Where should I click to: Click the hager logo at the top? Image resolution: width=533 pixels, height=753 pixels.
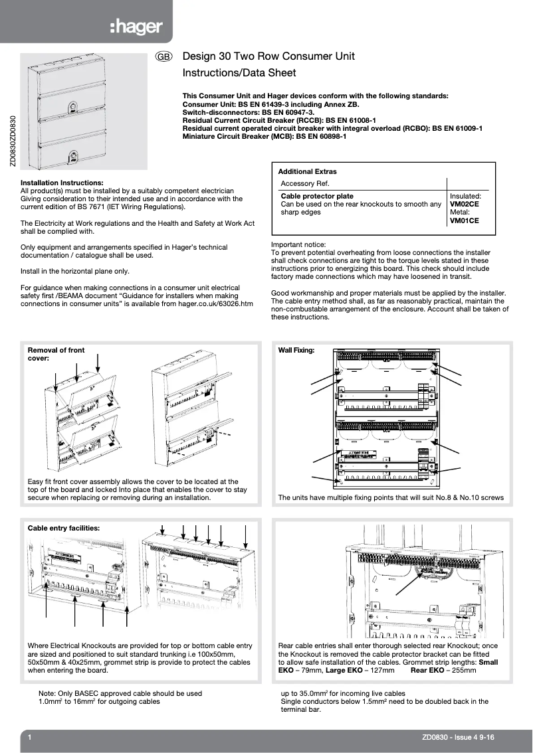[x=139, y=27]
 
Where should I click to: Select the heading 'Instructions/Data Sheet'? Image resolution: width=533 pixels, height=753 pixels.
[x=239, y=73]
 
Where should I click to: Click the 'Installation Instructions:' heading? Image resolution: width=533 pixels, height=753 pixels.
[x=61, y=183]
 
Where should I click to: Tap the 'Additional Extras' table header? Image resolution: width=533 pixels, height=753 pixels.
[x=307, y=171]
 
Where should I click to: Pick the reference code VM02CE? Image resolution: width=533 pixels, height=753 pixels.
[x=464, y=205]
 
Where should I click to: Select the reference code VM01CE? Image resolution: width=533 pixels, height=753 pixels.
[x=464, y=220]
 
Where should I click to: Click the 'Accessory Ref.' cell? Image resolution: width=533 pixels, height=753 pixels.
[x=305, y=183]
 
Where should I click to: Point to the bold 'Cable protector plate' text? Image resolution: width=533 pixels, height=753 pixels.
[x=317, y=197]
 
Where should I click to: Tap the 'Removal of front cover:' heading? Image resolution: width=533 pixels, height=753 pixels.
[x=56, y=353]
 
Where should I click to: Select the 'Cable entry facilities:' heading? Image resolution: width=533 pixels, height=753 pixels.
[x=63, y=528]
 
